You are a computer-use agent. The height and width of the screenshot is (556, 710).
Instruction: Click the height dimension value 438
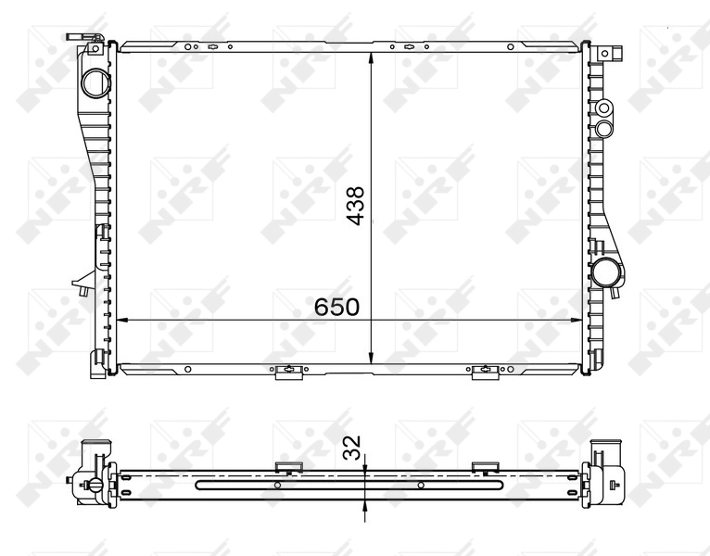(356, 206)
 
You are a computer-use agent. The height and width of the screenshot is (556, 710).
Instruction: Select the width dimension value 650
(336, 307)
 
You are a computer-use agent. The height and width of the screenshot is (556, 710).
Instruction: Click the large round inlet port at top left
(95, 82)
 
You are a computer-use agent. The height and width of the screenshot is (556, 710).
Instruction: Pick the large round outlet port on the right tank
(609, 273)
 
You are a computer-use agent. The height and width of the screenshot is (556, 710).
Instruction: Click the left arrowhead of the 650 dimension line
(119, 320)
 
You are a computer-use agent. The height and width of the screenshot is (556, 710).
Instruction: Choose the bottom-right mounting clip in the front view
(483, 371)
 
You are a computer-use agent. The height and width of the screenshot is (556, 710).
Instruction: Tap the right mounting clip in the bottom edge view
(484, 466)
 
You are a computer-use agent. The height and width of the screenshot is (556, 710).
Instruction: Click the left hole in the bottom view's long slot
(278, 485)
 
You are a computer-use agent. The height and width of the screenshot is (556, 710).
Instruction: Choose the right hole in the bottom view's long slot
(420, 485)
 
